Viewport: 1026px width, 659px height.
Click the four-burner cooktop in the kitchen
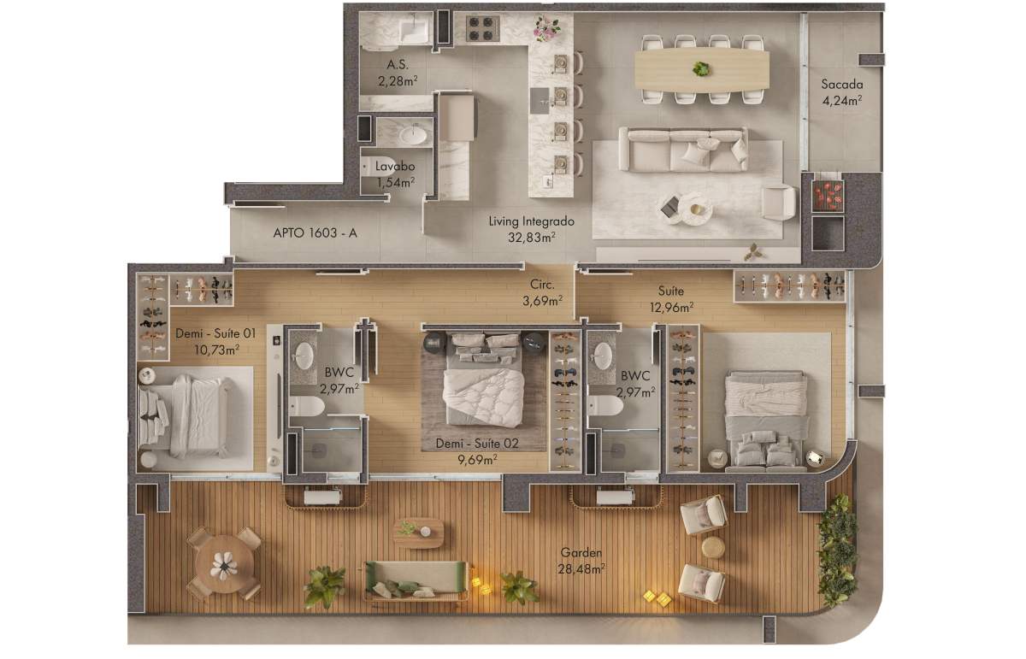pyautogui.click(x=483, y=28)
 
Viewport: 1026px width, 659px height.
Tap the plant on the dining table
pyautogui.click(x=701, y=69)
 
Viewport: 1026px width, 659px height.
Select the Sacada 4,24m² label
pyautogui.click(x=842, y=92)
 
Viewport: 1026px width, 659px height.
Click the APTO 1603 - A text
pyautogui.click(x=315, y=233)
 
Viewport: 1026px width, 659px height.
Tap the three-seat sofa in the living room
pyautogui.click(x=683, y=150)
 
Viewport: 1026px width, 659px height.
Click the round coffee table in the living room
pyautogui.click(x=695, y=209)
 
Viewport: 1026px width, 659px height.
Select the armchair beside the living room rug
pyautogui.click(x=778, y=203)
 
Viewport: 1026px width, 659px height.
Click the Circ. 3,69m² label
pyautogui.click(x=542, y=292)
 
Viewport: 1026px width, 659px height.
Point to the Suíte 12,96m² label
pyautogui.click(x=671, y=299)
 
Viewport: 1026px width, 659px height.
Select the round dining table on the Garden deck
pyautogui.click(x=224, y=564)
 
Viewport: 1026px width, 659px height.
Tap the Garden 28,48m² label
pyautogui.click(x=581, y=561)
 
